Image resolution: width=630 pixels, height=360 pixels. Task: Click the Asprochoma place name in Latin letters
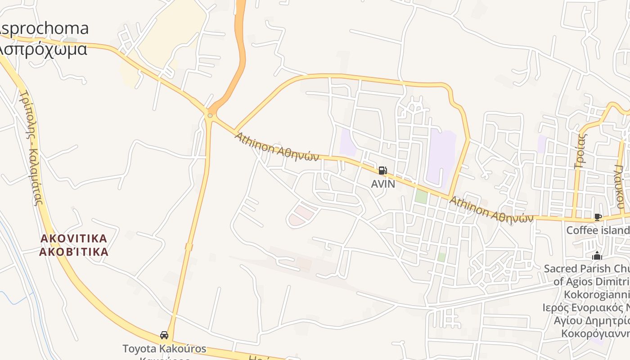click(x=44, y=29)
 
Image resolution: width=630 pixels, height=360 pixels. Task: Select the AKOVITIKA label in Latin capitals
click(x=74, y=238)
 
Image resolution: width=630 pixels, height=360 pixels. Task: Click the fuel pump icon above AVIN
click(x=382, y=171)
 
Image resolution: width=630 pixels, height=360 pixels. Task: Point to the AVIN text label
click(x=383, y=184)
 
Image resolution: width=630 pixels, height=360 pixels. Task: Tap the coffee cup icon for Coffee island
click(x=598, y=217)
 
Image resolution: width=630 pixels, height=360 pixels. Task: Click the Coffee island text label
click(x=598, y=230)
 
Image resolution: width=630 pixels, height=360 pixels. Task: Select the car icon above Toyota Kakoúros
click(x=164, y=335)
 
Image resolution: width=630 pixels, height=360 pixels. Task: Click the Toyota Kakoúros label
click(x=164, y=349)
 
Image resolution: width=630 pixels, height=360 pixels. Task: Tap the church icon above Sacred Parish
click(x=597, y=256)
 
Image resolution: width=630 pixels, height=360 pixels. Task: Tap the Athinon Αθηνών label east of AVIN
click(x=491, y=210)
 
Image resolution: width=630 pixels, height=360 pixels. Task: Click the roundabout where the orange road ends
click(x=210, y=116)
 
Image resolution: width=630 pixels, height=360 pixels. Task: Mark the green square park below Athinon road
click(x=421, y=196)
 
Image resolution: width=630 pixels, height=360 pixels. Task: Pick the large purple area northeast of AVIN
click(x=441, y=157)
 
